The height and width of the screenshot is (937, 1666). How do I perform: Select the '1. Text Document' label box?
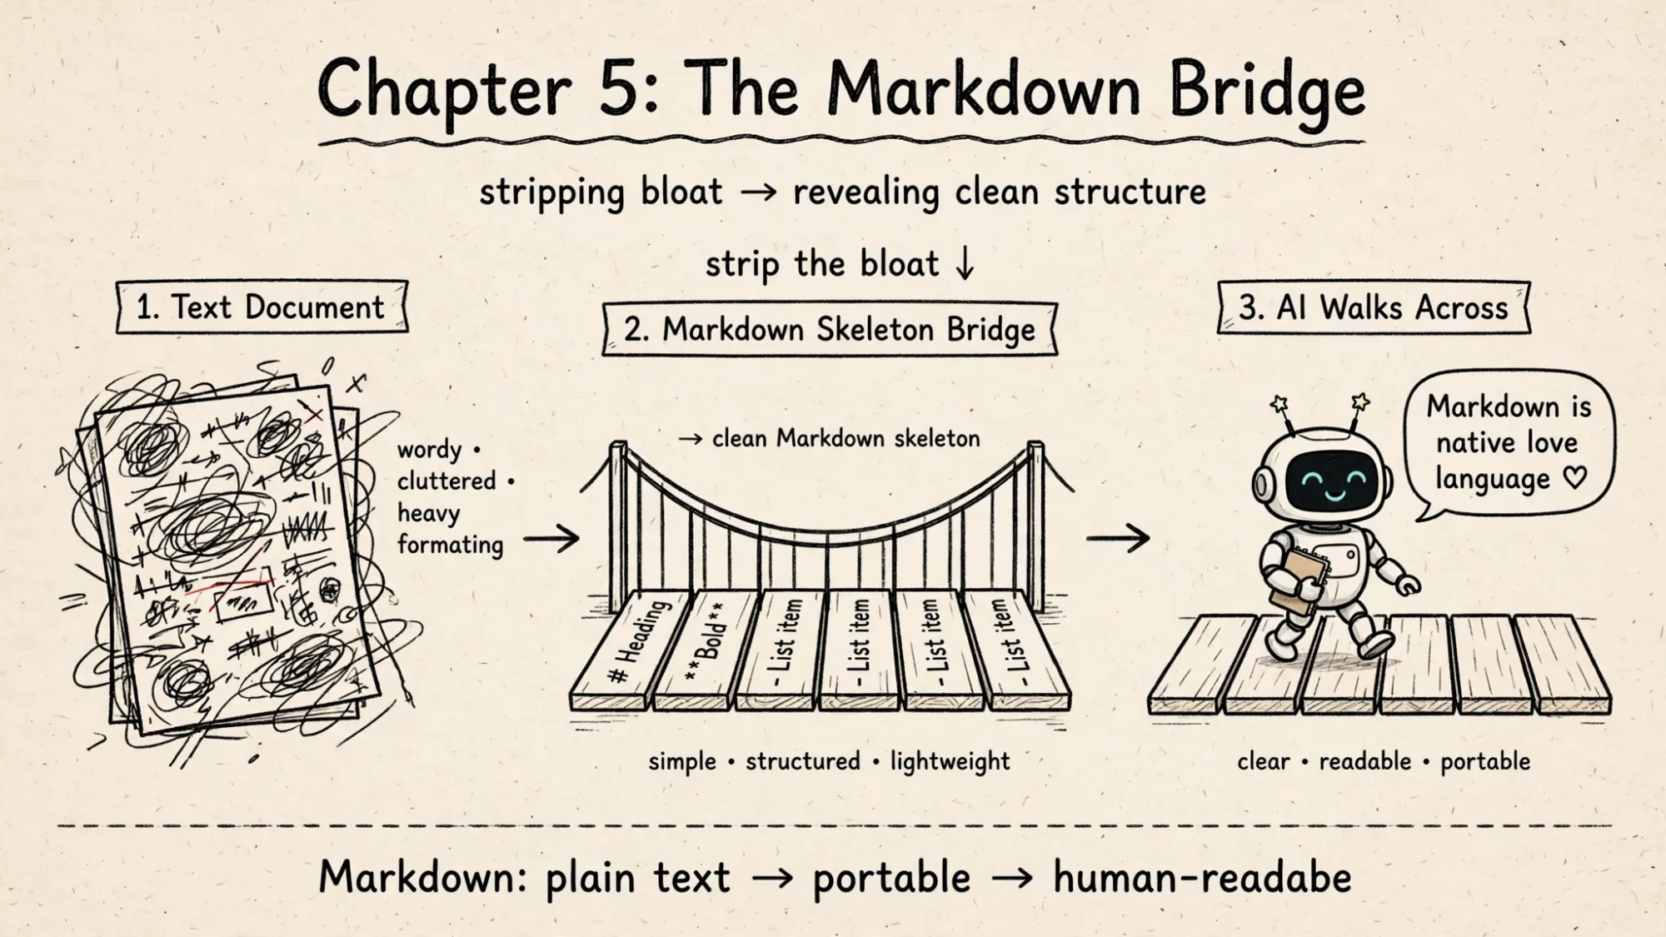(x=262, y=307)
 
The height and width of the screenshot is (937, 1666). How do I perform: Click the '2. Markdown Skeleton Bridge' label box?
(x=830, y=330)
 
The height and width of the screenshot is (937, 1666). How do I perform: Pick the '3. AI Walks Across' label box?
(x=1374, y=307)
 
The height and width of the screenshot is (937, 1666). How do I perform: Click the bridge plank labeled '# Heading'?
(x=633, y=650)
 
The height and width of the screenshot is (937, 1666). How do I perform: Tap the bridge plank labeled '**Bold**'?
(x=706, y=650)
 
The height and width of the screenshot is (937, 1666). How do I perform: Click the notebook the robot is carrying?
(x=1296, y=583)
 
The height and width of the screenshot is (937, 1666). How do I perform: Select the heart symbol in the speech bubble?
(x=1574, y=478)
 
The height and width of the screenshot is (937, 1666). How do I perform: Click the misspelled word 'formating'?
(x=450, y=546)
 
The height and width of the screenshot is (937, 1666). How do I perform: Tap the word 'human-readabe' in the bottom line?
(x=1202, y=877)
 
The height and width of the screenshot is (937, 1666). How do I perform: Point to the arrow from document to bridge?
(x=551, y=539)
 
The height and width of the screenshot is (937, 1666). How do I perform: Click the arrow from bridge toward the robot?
(x=1118, y=539)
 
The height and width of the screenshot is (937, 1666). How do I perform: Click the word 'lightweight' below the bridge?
(x=950, y=761)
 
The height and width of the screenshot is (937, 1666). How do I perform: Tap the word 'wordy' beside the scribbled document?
(x=429, y=451)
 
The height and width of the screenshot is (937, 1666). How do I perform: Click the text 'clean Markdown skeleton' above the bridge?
(x=846, y=438)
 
